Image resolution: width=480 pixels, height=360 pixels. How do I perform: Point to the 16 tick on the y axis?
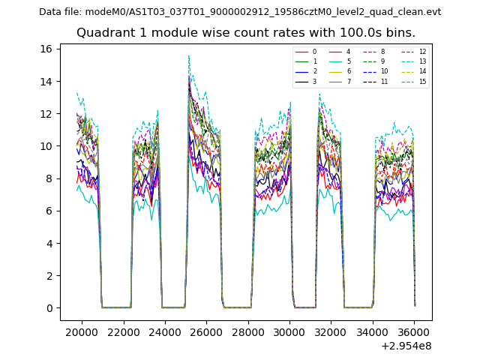click(x=46, y=49)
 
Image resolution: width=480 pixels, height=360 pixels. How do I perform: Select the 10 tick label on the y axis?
click(x=46, y=146)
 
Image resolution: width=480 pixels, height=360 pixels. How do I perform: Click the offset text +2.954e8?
click(x=407, y=346)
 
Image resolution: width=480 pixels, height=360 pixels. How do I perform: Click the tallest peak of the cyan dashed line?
click(x=189, y=55)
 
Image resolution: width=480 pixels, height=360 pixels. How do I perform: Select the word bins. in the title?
click(x=400, y=33)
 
